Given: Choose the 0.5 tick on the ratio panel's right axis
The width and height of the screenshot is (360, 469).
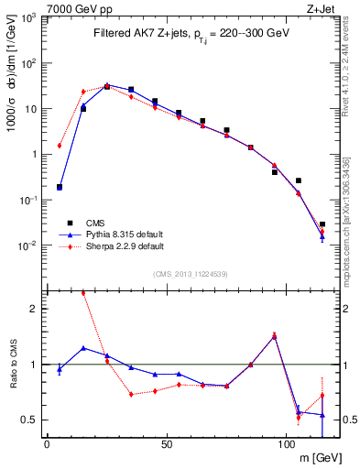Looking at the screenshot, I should click(x=348, y=420).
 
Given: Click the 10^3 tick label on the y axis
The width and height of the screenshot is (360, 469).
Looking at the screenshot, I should click(x=28, y=18).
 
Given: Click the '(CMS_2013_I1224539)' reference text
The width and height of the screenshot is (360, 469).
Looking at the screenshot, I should click(x=191, y=273).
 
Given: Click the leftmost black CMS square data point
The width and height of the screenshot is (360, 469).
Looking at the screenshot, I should click(x=60, y=187).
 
